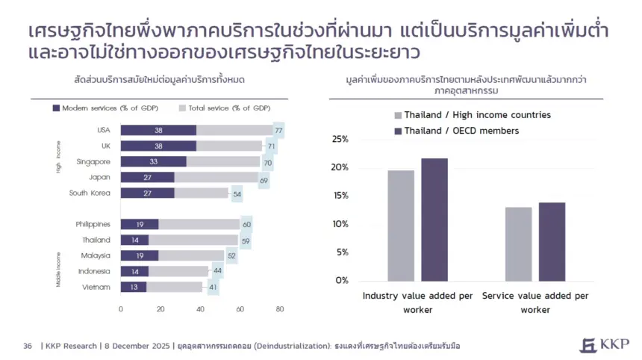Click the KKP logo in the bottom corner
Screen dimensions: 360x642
coord(604,344)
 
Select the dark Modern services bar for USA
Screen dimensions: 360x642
coord(158,130)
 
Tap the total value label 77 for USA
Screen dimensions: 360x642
coord(278,130)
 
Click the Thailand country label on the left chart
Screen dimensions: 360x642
coord(96,240)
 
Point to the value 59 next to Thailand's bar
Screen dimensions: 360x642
coord(246,240)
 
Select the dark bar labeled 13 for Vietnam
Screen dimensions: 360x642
coord(134,287)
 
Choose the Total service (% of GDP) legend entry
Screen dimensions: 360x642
coord(223,108)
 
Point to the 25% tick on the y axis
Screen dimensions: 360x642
coord(340,139)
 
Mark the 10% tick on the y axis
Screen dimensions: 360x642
coord(340,224)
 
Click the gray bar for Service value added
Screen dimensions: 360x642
coord(518,243)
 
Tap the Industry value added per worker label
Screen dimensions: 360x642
coord(417,302)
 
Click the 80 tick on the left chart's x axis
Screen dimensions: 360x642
coord(279,308)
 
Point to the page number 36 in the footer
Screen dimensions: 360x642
coord(28,346)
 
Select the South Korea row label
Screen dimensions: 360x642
coord(90,193)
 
